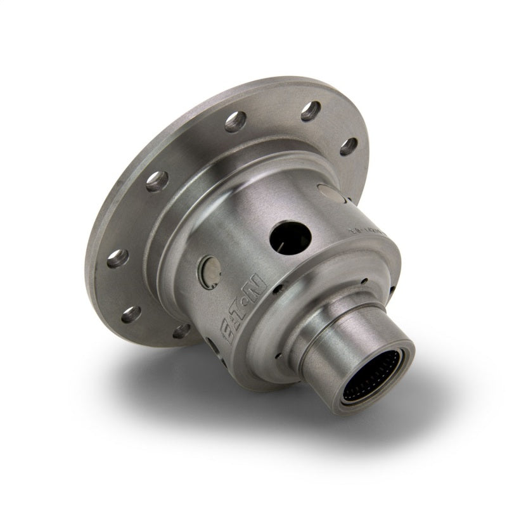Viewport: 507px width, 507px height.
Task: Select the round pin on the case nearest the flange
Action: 330,193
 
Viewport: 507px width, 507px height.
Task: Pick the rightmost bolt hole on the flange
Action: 348,147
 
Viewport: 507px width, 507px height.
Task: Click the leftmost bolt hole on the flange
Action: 117,258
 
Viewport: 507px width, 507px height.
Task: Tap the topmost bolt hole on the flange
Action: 309,112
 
